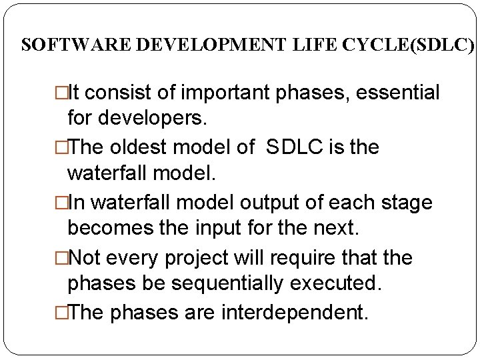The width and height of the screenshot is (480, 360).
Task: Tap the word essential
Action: tap(398, 93)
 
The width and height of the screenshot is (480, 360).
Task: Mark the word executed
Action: tap(344, 285)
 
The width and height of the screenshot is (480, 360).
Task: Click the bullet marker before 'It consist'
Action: tap(63, 93)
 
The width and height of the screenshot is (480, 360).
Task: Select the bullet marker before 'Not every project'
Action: tap(63, 257)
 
